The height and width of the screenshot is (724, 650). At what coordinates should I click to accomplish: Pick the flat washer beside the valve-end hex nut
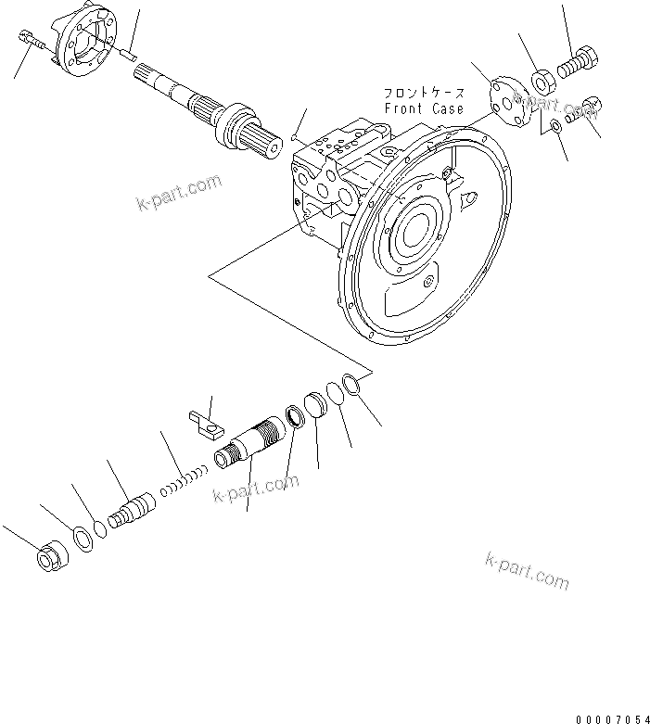pyautogui.click(x=82, y=537)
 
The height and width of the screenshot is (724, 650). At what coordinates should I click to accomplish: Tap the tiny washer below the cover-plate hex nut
pyautogui.click(x=554, y=127)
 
